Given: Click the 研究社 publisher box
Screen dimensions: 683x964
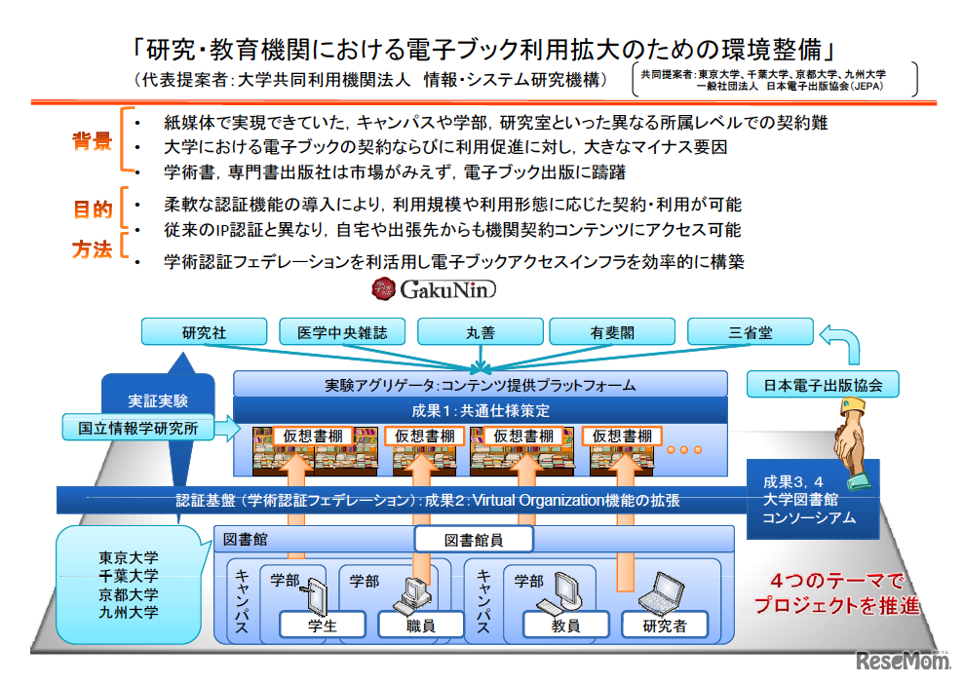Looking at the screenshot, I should click(x=204, y=332).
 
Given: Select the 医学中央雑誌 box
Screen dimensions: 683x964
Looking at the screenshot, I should click(x=342, y=332).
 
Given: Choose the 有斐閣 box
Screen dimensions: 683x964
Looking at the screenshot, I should click(x=612, y=332).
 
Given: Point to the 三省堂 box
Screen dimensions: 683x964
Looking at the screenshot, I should click(x=750, y=332).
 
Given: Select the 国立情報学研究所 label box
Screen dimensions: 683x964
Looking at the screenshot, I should click(x=137, y=426).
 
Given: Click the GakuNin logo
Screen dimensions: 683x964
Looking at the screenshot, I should click(x=433, y=289).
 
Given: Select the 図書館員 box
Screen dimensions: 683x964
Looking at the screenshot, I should click(x=474, y=540).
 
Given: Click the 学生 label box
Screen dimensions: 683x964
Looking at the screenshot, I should click(x=322, y=626).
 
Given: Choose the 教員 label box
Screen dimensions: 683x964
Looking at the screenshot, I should click(x=565, y=626).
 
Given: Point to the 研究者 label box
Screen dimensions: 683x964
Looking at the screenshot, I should click(x=664, y=626).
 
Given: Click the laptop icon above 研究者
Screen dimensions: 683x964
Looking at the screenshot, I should click(x=668, y=590).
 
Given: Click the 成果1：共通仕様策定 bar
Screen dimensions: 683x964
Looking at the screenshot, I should click(x=481, y=410).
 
